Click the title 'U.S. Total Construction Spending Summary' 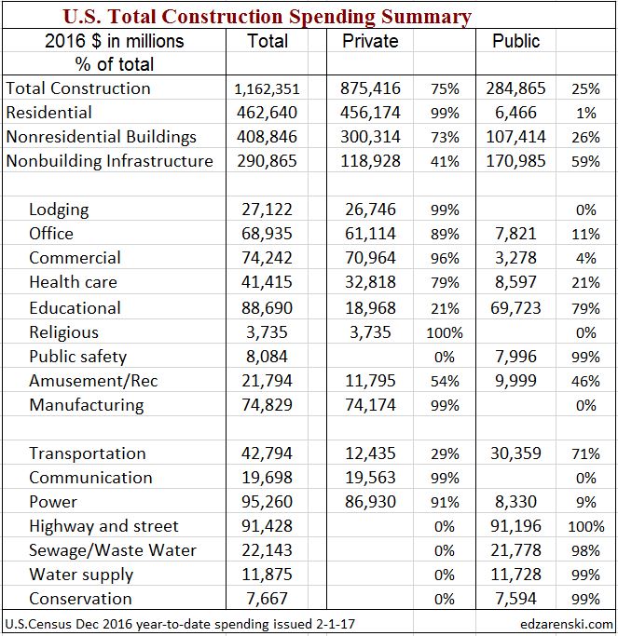click(x=266, y=16)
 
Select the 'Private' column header click(x=370, y=42)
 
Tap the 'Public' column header click(x=516, y=42)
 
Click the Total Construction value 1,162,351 click(x=277, y=89)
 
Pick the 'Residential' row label click(x=49, y=113)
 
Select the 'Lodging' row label click(x=59, y=210)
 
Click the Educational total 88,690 click(x=277, y=307)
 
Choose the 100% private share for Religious click(x=445, y=332)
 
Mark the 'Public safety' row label click(x=77, y=357)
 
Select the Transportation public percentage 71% click(x=586, y=454)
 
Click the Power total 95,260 click(x=277, y=502)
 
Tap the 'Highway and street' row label click(x=103, y=526)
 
